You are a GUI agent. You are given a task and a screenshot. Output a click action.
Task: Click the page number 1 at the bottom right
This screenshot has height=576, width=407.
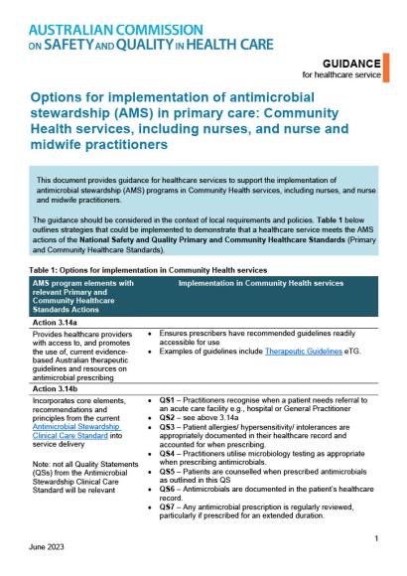tap(378, 537)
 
